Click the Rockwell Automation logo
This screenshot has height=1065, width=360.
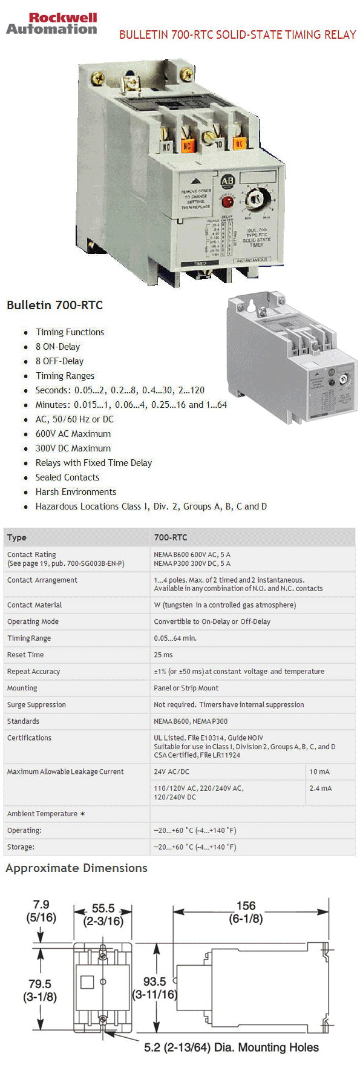pyautogui.click(x=51, y=24)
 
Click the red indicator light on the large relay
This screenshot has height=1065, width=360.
pyautogui.click(x=227, y=202)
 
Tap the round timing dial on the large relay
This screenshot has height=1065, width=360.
pyautogui.click(x=254, y=198)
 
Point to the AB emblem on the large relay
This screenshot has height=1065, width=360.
pyautogui.click(x=227, y=180)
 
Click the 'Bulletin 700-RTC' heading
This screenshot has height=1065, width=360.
pyautogui.click(x=54, y=305)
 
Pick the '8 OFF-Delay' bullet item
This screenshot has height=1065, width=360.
pyautogui.click(x=59, y=361)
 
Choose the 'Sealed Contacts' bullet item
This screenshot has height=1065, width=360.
pyautogui.click(x=67, y=477)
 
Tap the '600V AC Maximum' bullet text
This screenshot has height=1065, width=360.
pyautogui.click(x=73, y=434)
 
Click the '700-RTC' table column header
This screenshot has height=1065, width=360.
pyautogui.click(x=171, y=537)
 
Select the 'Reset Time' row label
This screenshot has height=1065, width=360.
pyautogui.click(x=25, y=655)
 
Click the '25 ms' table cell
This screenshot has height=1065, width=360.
pyautogui.click(x=163, y=655)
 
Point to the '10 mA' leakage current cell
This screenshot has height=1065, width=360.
pyautogui.click(x=319, y=772)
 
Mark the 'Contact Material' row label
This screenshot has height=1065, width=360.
pyautogui.click(x=34, y=605)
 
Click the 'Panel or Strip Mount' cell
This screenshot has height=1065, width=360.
pyautogui.click(x=186, y=688)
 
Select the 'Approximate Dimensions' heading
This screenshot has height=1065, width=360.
pyautogui.click(x=76, y=868)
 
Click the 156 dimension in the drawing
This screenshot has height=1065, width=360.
pyautogui.click(x=246, y=906)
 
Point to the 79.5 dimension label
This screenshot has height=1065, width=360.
pyautogui.click(x=40, y=985)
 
